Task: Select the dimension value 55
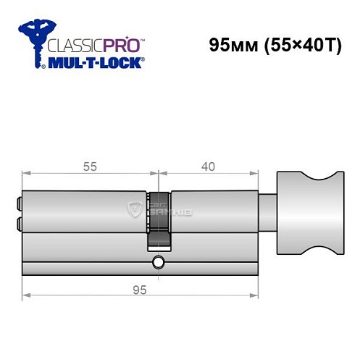point(90,166)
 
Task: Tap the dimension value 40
point(208,166)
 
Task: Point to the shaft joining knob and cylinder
point(269,214)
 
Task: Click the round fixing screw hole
point(158,263)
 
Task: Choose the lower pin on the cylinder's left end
point(18,224)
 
